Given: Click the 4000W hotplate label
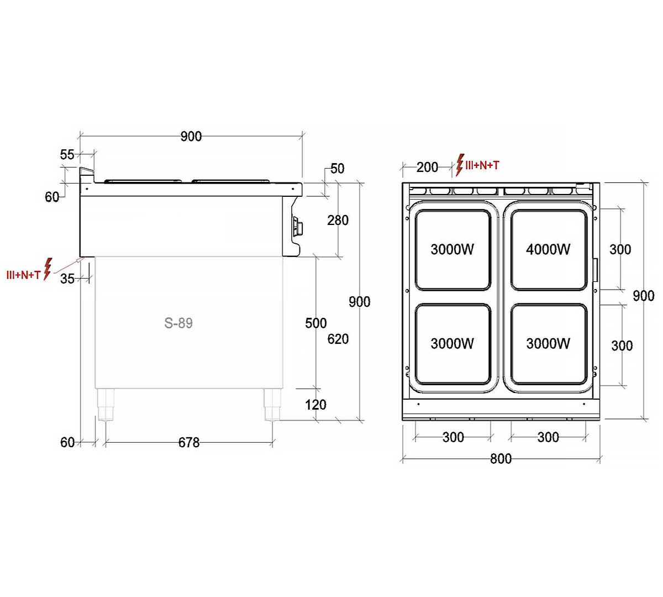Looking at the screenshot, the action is tap(548, 249).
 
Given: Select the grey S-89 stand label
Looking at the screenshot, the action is tap(178, 323).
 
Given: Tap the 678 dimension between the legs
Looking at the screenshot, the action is tap(189, 442).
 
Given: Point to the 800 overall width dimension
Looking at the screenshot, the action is tap(501, 459).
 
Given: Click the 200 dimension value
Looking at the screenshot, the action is tap(427, 167).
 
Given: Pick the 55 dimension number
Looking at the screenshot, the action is tap(67, 154).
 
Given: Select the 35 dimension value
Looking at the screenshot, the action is tap(67, 279).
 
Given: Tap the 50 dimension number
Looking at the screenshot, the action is tap(337, 169).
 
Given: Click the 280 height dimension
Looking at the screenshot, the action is tap(338, 220).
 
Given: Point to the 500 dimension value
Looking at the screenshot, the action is tap(315, 323).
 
